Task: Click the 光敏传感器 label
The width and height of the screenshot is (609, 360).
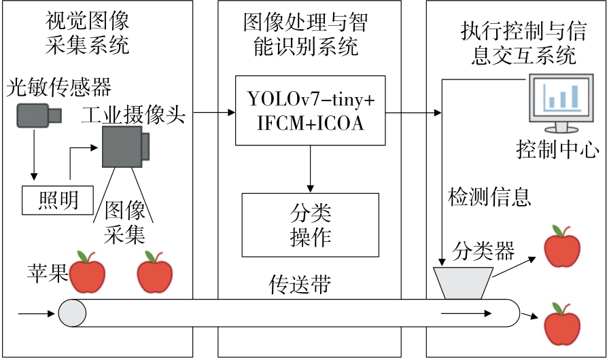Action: click(59, 88)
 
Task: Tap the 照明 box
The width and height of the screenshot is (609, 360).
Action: click(58, 200)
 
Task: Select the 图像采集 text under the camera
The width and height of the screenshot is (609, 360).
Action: click(124, 222)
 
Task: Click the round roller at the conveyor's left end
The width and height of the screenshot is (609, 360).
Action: click(72, 313)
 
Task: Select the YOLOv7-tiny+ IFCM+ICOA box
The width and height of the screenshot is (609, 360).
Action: click(310, 111)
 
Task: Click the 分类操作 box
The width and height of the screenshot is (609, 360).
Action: click(310, 225)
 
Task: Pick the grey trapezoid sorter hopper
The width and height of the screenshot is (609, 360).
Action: click(462, 282)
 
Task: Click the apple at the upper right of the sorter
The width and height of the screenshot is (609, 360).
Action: click(562, 247)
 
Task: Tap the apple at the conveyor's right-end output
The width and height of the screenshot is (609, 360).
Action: click(562, 324)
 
